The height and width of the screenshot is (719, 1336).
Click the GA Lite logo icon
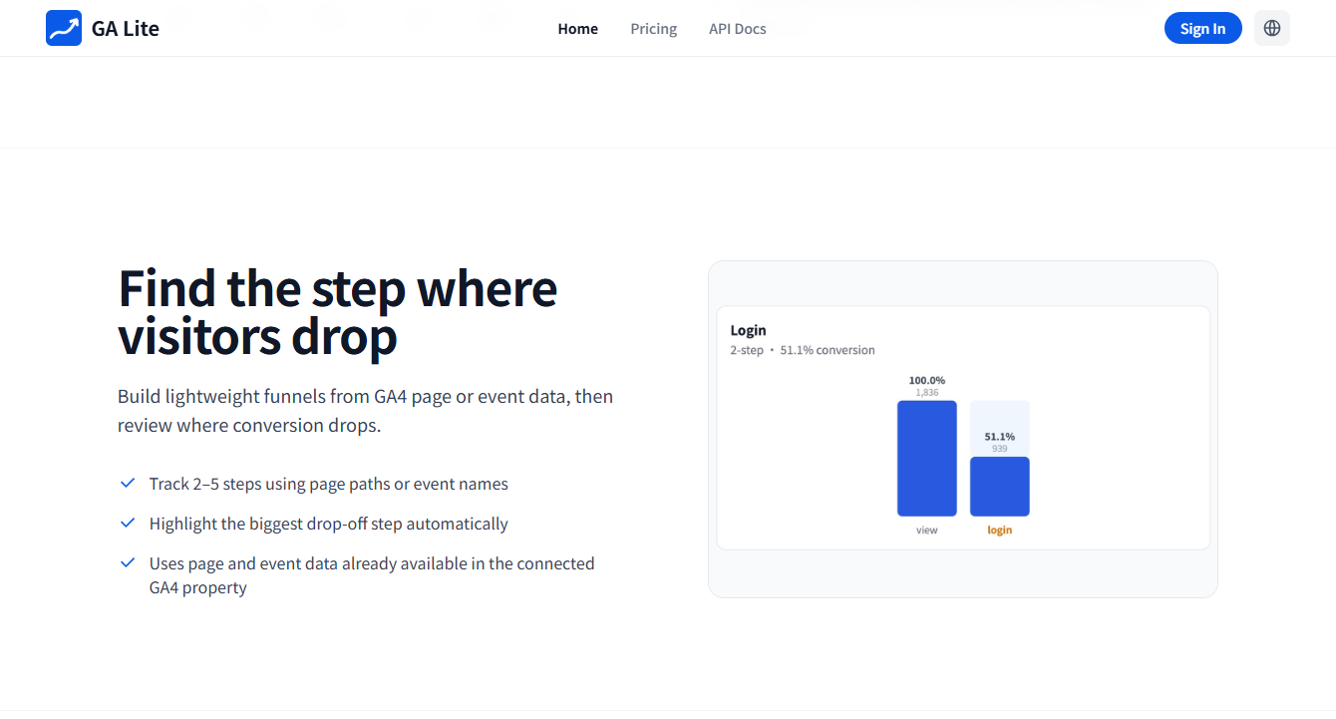[64, 28]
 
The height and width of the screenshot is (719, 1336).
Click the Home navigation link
[577, 29]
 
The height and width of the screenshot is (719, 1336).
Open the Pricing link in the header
[654, 29]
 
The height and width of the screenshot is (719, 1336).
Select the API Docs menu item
[737, 29]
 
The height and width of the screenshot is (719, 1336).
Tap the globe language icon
[1271, 28]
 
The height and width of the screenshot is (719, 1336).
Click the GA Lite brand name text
[126, 29]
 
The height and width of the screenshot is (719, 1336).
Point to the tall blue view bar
[927, 459]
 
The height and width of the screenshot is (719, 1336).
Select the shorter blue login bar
[1000, 487]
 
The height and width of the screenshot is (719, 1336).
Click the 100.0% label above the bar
[927, 380]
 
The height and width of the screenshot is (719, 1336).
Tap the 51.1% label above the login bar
[1000, 436]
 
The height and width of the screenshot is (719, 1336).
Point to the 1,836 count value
[927, 392]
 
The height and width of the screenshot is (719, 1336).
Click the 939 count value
[1000, 448]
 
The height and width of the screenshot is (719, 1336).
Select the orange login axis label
[1000, 530]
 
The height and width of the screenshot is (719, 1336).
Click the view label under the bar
[927, 530]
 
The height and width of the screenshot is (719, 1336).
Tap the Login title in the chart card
[748, 330]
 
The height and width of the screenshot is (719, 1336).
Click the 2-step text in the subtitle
[747, 350]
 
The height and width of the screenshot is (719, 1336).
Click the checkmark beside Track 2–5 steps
[128, 483]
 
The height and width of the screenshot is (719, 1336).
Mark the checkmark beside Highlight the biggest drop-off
[128, 523]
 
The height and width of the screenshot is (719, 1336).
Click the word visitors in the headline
[198, 336]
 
